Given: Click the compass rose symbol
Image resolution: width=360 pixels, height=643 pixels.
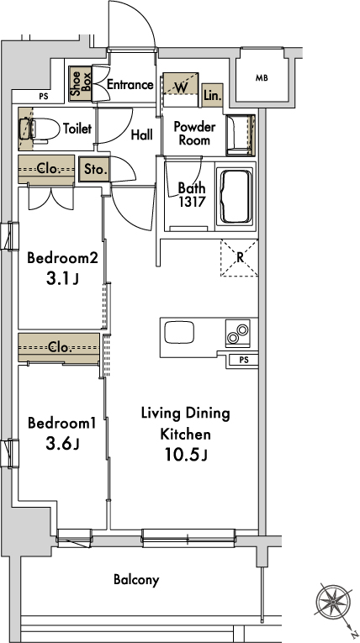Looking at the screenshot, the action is click(x=333, y=602).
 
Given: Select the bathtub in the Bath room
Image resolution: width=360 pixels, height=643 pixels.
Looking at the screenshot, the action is click(x=236, y=196).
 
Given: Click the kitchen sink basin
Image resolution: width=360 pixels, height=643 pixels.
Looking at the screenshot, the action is click(x=179, y=332).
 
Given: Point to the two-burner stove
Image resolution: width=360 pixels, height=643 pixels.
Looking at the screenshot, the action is click(x=237, y=333).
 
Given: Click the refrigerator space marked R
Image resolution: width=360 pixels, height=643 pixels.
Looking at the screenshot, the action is click(x=240, y=257).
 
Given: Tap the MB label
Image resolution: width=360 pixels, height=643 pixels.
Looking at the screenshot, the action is click(x=262, y=78).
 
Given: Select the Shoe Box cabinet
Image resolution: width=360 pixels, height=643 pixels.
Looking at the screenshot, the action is click(x=80, y=84).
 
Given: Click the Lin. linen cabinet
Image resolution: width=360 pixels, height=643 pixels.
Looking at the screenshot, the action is click(x=213, y=96).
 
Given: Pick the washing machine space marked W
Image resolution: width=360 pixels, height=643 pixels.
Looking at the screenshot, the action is click(x=181, y=86).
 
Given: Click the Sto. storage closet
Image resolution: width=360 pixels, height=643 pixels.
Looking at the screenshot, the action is click(x=96, y=169).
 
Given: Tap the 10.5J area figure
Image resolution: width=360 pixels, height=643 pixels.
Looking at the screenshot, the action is click(x=186, y=455).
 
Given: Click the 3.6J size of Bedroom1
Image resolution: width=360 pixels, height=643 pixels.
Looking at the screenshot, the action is click(x=62, y=444).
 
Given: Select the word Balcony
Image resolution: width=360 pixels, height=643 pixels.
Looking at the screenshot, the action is click(x=136, y=580).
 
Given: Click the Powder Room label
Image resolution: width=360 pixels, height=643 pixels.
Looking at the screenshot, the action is click(x=194, y=134).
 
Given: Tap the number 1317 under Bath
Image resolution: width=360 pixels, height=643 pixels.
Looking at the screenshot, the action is click(x=192, y=202).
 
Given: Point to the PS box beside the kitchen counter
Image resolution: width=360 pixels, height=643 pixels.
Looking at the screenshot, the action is click(x=244, y=360).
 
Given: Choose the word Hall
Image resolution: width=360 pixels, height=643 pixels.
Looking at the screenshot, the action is click(x=142, y=135).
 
